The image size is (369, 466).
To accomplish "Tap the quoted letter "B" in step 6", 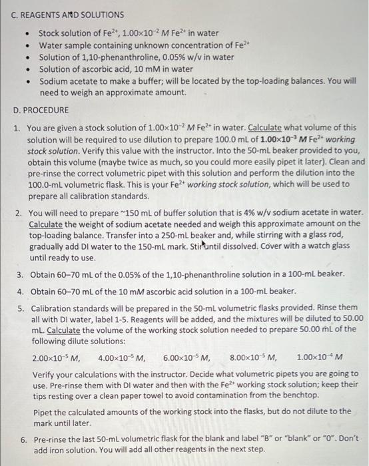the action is coord(259,440).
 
